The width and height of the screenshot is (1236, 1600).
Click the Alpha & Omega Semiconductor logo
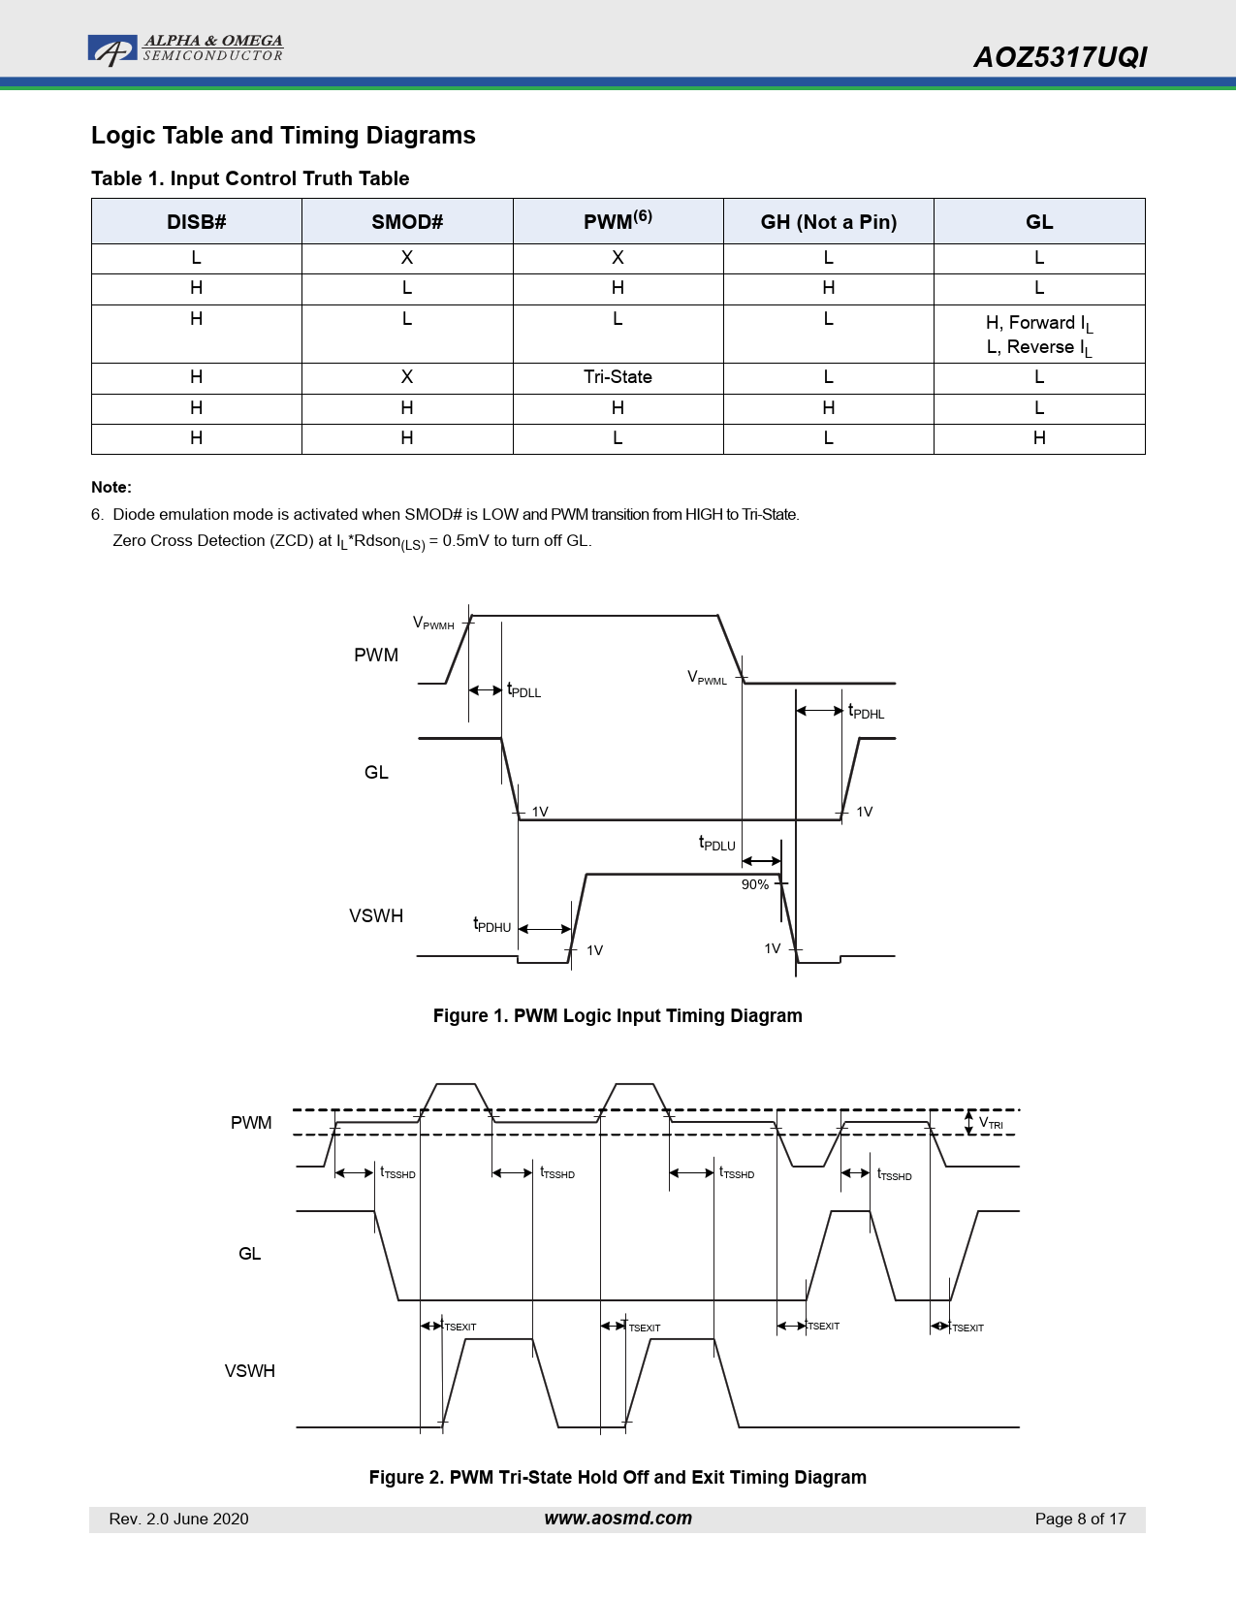click(185, 48)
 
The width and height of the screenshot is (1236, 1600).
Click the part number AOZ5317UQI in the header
click(1060, 57)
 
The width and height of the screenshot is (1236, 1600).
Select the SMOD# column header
click(407, 222)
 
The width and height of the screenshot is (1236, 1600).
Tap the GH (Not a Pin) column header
click(828, 222)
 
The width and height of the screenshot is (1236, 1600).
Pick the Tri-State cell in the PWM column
click(618, 377)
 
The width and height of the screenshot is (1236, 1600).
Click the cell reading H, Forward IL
click(1038, 324)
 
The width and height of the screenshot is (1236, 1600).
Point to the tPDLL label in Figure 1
click(523, 690)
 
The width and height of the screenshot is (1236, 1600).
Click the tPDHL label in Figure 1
click(866, 712)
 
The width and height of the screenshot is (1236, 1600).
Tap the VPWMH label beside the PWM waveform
click(433, 624)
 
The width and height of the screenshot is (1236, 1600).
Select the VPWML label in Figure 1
click(707, 678)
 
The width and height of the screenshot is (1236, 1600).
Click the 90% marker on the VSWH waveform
click(754, 884)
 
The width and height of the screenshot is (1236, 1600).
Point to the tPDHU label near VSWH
click(491, 925)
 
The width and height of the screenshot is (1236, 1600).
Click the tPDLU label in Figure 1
click(717, 844)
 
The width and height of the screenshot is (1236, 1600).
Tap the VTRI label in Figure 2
click(991, 1123)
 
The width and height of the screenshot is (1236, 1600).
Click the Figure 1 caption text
click(618, 1015)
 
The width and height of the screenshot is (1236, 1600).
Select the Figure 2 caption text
click(618, 1477)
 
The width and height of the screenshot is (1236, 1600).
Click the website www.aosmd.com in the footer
click(618, 1519)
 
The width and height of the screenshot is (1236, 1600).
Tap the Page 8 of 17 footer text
click(1080, 1519)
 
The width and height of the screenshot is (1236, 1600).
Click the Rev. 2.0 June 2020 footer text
click(178, 1519)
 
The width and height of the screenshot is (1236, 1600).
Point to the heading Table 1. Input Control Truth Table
click(250, 178)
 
